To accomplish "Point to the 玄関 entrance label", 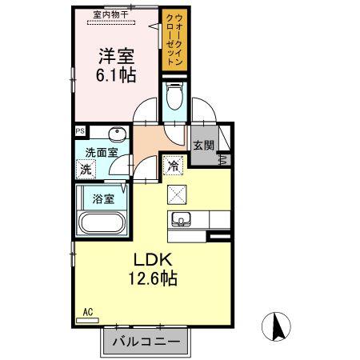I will tap(203, 146).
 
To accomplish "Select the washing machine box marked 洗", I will tap(86, 170).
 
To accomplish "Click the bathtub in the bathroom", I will tap(102, 222).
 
